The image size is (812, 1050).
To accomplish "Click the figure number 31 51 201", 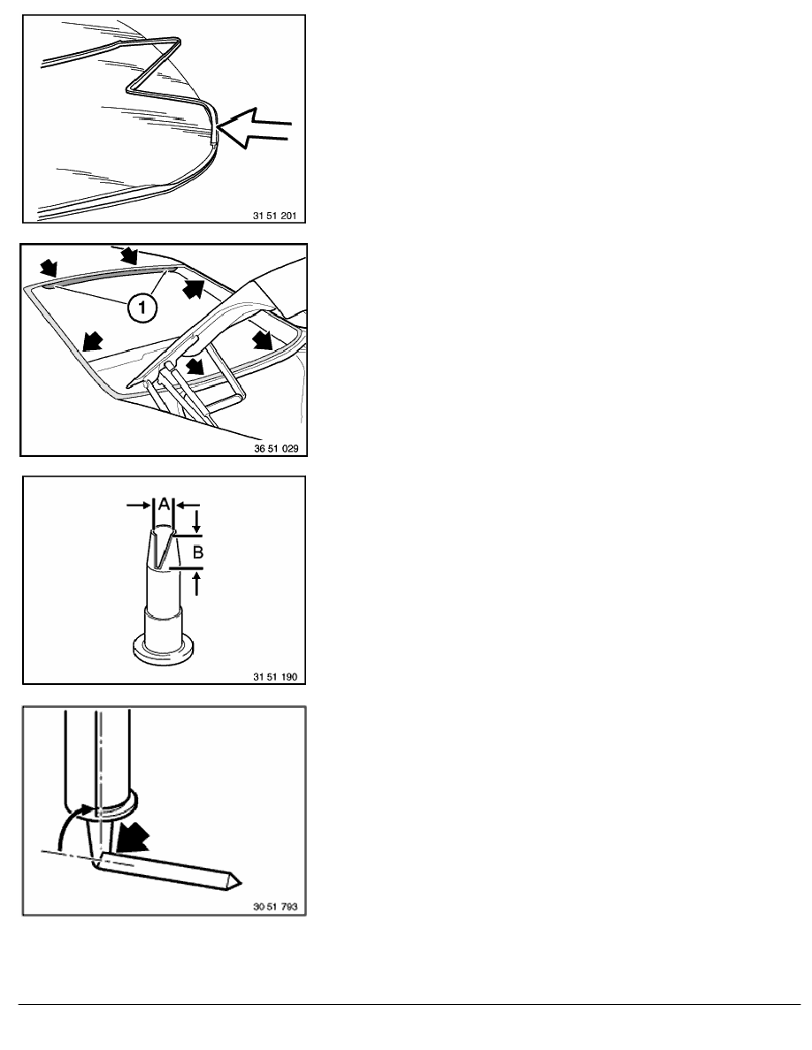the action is point(274,216).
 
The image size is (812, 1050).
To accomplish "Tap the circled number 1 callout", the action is point(142,308).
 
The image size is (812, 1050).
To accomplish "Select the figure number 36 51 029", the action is point(276,448).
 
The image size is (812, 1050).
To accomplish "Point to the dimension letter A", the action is point(164,504).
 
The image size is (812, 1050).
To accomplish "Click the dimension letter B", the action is point(197,552).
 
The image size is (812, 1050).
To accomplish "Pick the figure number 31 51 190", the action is point(275,676).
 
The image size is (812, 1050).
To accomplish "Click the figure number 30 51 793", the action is point(275,907).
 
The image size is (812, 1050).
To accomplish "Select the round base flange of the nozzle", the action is point(164,649).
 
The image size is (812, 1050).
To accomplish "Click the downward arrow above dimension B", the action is point(196,521).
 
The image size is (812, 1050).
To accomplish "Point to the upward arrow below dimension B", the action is point(196,583).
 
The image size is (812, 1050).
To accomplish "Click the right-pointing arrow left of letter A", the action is point(140,506).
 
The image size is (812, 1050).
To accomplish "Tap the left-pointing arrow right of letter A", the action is point(188,506).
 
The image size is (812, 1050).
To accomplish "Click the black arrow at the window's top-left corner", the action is point(49,269).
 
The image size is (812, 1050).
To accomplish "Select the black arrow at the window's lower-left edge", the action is point(93,342).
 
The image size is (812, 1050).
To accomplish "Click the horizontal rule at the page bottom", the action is point(410,1004).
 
